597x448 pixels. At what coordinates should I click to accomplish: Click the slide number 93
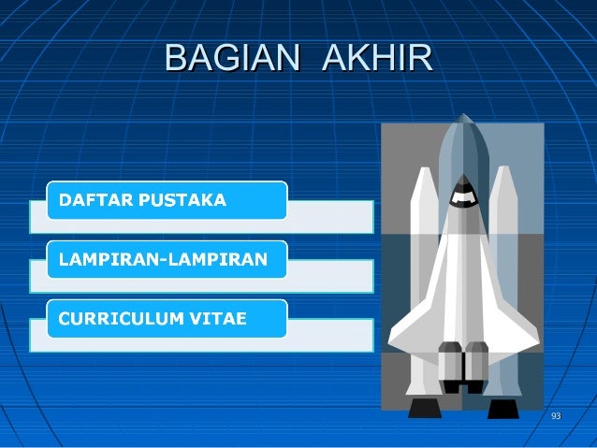pos(556,415)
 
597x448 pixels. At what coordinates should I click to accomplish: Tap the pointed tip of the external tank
pos(463,119)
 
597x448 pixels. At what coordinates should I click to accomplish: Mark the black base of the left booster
pos(425,408)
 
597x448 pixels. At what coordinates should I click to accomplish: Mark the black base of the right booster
pos(502,408)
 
